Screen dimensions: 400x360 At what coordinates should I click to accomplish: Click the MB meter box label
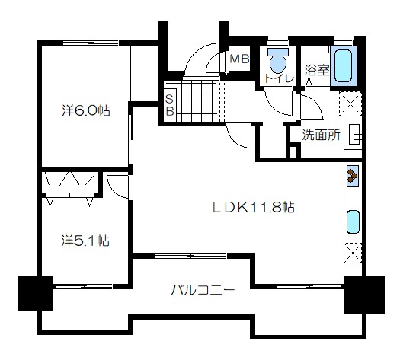coord(239,59)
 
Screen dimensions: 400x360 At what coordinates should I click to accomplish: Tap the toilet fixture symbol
coord(278,61)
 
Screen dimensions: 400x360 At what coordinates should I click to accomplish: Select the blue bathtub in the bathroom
coord(344,66)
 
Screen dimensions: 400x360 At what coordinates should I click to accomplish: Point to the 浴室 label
coord(317,70)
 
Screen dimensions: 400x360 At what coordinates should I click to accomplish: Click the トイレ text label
coord(279,78)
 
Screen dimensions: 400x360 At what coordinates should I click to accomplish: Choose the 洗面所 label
coord(322,135)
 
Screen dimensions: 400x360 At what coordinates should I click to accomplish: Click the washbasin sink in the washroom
coord(353,134)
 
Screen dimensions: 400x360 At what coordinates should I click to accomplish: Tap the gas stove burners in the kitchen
coord(353,176)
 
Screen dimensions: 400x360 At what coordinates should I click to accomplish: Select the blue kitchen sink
coord(354,222)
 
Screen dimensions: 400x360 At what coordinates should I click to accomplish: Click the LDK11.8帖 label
coord(254,207)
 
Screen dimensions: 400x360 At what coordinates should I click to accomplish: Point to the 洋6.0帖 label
coord(86,111)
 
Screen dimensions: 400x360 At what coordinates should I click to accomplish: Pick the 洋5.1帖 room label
coord(85,241)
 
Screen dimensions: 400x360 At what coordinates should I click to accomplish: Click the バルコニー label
coord(203,290)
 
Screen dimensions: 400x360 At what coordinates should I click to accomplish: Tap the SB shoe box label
coord(170,105)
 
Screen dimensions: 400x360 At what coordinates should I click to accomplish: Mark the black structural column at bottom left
coord(36,293)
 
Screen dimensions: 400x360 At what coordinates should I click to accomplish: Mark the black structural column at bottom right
coord(364,295)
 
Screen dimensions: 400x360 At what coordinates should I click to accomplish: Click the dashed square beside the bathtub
coord(350,104)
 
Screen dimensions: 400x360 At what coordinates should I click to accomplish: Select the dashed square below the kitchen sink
coord(353,253)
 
